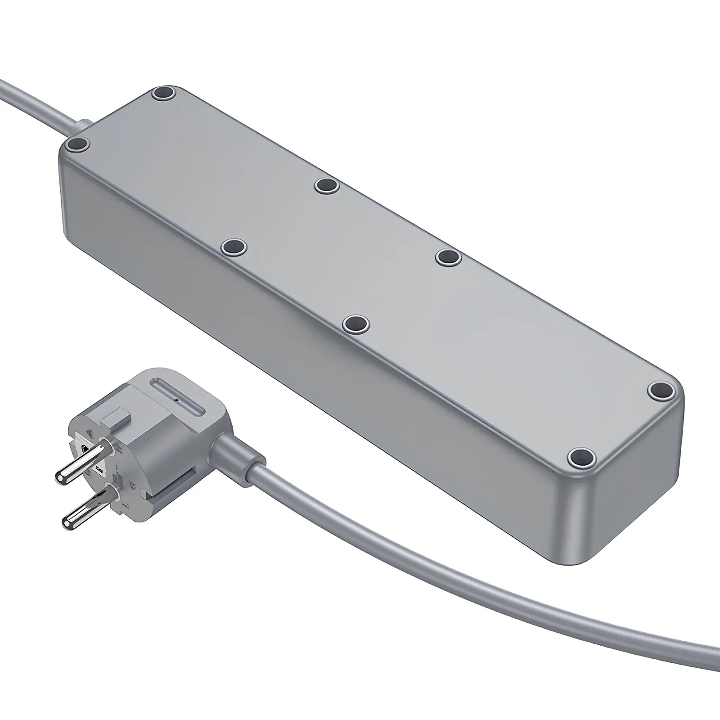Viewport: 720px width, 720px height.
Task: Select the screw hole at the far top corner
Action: [163, 94]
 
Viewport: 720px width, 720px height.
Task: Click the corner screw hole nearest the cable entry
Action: [77, 144]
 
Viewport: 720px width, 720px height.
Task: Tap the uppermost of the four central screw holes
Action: [327, 185]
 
